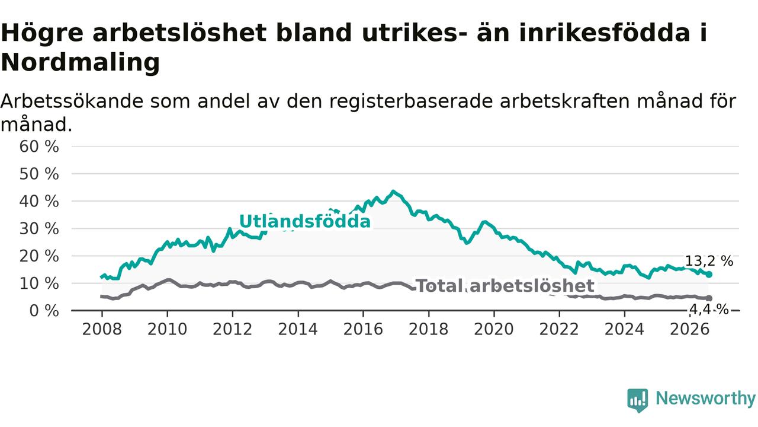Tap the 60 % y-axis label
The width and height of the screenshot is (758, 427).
click(39, 146)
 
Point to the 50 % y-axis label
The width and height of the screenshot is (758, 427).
click(39, 174)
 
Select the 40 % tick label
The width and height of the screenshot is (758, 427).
click(39, 202)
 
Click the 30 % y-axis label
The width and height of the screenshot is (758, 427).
click(39, 229)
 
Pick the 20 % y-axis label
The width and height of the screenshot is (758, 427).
click(39, 256)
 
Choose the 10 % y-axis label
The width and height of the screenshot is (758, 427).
click(39, 283)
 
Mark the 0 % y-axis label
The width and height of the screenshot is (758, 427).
click(44, 311)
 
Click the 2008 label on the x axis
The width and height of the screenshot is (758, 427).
click(102, 329)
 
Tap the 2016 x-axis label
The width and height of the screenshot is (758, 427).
click(363, 329)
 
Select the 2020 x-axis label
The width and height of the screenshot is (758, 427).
click(494, 329)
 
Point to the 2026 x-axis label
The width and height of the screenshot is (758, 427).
click(690, 329)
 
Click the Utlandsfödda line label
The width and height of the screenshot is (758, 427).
click(305, 222)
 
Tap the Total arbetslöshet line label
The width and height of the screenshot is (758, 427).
click(505, 286)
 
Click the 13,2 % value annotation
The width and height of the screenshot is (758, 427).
click(709, 262)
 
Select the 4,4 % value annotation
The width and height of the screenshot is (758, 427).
click(709, 309)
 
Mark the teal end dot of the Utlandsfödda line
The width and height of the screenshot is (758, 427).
click(709, 275)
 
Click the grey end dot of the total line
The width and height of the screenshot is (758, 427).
click(709, 298)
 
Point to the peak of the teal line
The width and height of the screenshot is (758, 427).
click(393, 192)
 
